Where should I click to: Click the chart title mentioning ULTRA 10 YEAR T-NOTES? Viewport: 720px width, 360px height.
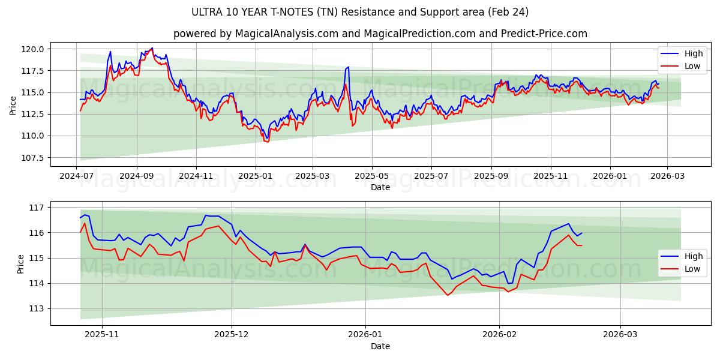360,12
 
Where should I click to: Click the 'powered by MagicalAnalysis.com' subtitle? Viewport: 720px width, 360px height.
380,34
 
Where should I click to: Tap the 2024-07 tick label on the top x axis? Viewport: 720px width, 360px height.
76,176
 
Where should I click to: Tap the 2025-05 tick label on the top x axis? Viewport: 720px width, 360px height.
371,176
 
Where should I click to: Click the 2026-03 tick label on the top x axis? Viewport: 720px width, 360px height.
667,176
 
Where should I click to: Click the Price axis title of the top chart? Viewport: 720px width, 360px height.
13,104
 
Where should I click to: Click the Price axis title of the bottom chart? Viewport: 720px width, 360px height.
21,263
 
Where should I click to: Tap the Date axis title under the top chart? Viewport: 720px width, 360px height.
380,187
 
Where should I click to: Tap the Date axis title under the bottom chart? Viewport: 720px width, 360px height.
380,346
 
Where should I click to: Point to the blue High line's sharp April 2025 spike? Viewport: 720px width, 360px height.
348,67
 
